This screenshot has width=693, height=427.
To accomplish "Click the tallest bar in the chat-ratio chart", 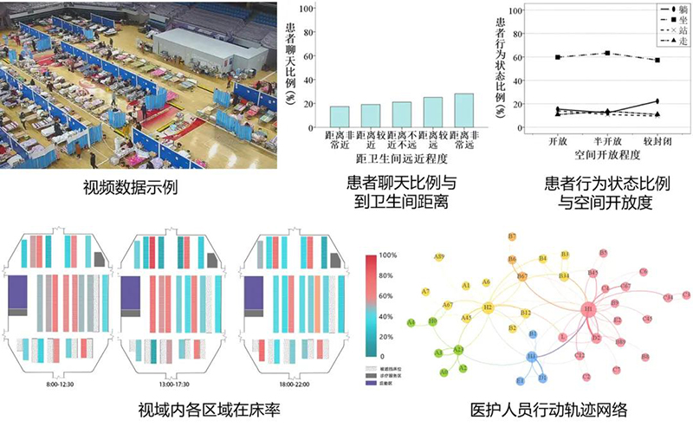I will click(x=463, y=111).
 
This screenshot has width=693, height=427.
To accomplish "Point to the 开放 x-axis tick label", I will click(x=557, y=140).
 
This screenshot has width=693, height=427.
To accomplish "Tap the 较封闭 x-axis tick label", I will click(x=657, y=140).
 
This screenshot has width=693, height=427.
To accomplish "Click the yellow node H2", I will click(x=488, y=307).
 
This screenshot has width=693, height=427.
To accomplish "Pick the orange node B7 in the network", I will click(x=512, y=236).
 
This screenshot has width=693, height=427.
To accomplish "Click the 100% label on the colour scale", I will click(x=387, y=256).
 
